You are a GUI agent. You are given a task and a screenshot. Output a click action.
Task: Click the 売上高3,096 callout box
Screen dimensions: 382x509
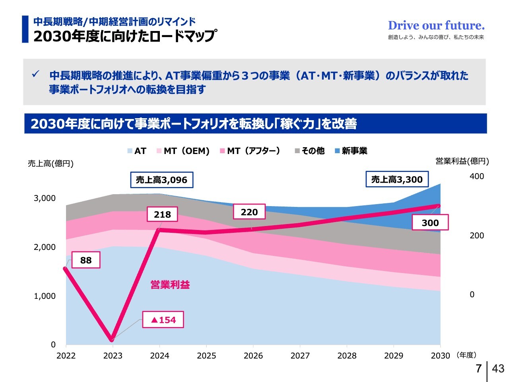161,180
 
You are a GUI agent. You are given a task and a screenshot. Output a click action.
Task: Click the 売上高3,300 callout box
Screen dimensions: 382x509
397,179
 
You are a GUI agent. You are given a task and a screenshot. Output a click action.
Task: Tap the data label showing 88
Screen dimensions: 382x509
86,260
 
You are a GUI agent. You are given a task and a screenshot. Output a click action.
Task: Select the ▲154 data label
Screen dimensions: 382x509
163,320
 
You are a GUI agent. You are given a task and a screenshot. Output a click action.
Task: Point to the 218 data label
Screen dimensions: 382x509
162,214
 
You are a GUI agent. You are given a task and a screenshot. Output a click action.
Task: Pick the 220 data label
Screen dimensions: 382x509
249,212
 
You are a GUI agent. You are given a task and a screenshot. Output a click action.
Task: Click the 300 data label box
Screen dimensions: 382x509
430,223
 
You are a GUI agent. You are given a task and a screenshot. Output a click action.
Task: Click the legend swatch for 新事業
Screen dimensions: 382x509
337,151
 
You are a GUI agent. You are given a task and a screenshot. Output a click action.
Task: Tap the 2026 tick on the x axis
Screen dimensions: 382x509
253,356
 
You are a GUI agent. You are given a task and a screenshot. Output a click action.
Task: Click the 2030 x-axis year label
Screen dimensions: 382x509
440,356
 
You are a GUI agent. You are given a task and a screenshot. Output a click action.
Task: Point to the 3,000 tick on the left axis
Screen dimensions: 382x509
45,198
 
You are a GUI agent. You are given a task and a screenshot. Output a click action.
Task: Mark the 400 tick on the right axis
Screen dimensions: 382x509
477,176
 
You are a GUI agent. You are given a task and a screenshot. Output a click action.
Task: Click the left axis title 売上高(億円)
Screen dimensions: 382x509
51,164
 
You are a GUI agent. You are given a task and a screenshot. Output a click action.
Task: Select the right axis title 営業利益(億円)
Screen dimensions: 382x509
462,161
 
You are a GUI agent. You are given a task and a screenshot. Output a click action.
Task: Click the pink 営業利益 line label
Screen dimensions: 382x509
170,285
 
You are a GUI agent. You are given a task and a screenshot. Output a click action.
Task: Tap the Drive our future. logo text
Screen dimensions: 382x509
436,25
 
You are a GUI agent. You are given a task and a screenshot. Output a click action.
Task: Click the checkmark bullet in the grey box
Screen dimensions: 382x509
36,74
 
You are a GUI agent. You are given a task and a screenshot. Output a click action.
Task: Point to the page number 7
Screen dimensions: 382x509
479,368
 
